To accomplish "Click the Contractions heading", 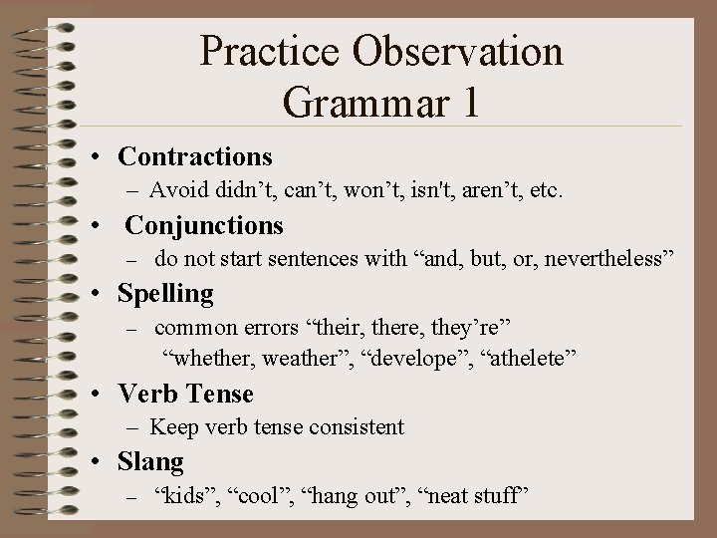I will [195, 156].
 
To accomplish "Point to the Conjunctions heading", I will [204, 225].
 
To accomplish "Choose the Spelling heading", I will [165, 294].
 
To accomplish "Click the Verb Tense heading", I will [185, 394].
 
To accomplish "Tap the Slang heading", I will [150, 462].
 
